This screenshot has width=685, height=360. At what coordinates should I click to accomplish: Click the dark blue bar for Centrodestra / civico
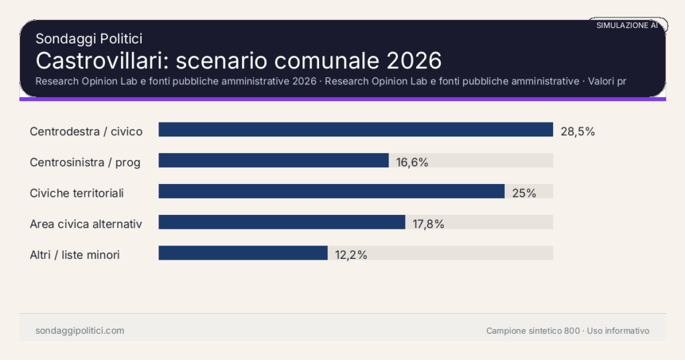[355, 130]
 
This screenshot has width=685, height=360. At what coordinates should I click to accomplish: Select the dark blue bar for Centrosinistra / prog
[274, 161]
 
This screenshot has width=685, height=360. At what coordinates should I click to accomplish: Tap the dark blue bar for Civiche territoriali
[331, 191]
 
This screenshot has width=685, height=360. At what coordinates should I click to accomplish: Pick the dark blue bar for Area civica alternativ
[282, 222]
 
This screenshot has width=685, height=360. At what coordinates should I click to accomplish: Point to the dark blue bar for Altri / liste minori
[243, 253]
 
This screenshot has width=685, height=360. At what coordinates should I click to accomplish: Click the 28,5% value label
[577, 131]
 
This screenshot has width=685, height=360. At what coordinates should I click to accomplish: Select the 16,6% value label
[412, 162]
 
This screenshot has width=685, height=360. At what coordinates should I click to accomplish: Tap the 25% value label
[524, 193]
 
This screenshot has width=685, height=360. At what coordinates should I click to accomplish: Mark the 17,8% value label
[428, 223]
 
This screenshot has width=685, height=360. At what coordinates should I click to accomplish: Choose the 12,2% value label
[351, 254]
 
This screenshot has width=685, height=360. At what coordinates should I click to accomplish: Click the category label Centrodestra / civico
[86, 131]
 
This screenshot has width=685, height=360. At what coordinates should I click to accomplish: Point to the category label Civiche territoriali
[77, 193]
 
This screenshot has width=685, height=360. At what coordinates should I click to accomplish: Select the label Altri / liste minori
[75, 254]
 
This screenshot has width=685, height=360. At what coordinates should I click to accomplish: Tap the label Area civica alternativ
[86, 223]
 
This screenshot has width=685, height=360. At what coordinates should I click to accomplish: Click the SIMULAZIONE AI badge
[627, 25]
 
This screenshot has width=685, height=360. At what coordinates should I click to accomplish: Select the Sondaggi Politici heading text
[89, 39]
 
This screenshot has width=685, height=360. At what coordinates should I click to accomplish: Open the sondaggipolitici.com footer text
[80, 331]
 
